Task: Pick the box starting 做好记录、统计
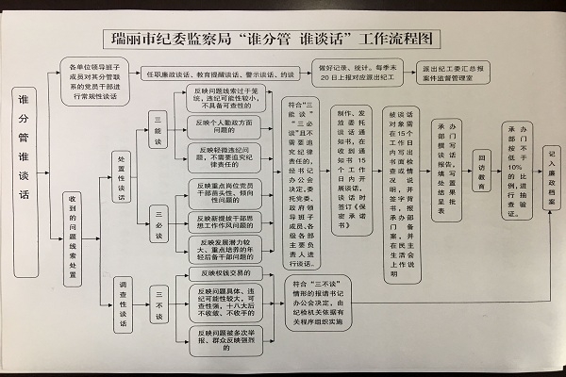point(368,73)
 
